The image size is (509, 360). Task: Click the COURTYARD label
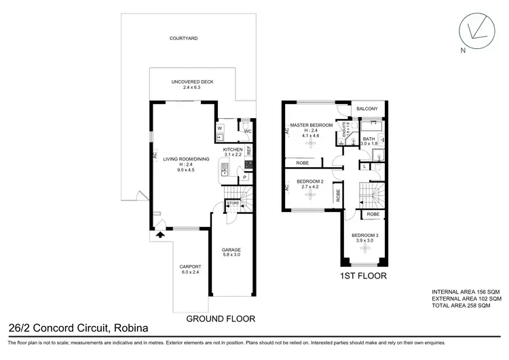point(183,39)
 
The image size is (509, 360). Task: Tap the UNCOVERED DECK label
point(192,82)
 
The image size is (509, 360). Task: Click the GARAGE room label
point(231,250)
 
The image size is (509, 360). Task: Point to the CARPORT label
point(189,266)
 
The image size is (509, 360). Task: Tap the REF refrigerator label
point(249,148)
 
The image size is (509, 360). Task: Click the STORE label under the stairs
point(233,202)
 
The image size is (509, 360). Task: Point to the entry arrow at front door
point(160,236)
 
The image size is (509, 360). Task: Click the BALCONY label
point(367,108)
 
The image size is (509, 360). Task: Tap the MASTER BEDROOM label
point(311,126)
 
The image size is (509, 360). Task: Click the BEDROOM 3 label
point(366,236)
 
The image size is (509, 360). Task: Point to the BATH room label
point(369,139)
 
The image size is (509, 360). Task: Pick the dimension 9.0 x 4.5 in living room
point(184,169)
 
